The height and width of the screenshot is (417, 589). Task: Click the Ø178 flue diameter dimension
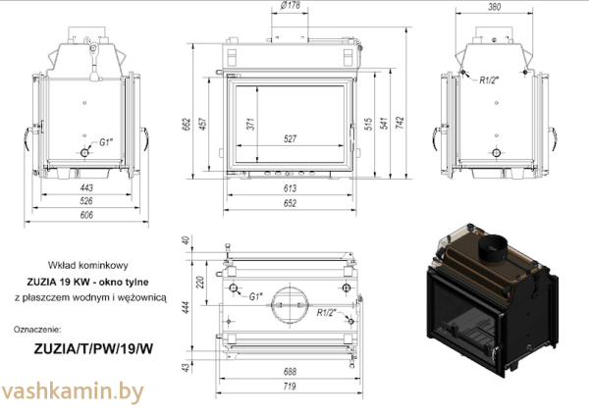pos(290,5)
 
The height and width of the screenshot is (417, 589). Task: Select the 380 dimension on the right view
pos(495,7)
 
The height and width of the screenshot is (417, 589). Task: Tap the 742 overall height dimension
pos(401,123)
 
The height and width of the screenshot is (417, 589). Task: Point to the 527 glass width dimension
pos(290,139)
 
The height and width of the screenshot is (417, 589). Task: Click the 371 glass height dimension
pos(251,124)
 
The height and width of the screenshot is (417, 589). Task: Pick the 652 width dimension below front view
pos(290,203)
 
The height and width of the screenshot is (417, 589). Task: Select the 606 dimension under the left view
pos(86,215)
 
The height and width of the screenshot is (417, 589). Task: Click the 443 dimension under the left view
pos(86,187)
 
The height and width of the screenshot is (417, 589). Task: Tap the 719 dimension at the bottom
pos(290,386)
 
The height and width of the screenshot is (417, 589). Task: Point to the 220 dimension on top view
pos(200,283)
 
